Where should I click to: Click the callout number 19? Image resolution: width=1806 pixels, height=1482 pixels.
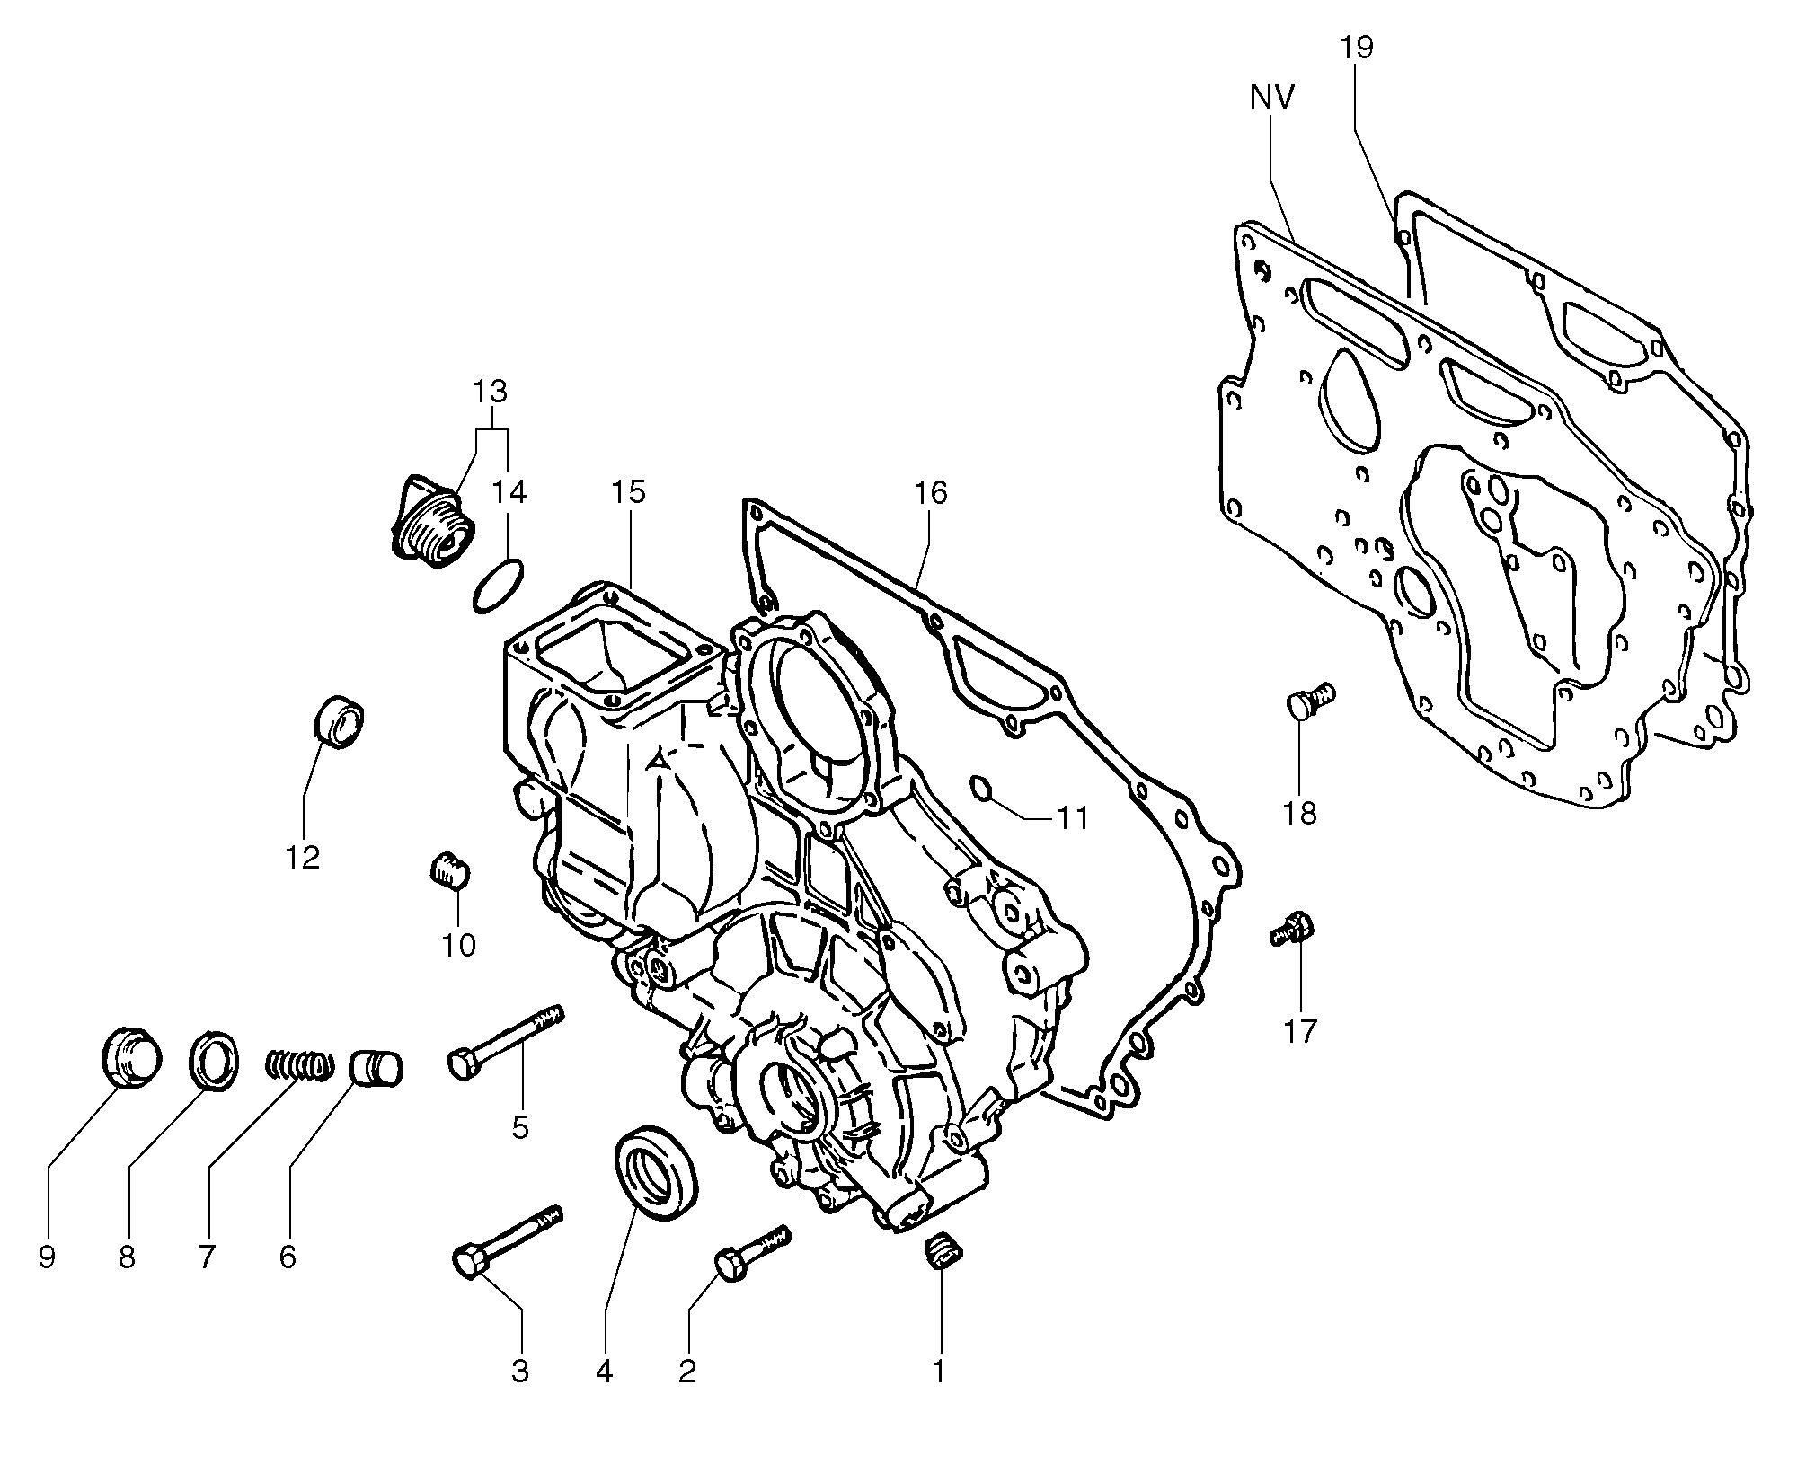pos(1358,47)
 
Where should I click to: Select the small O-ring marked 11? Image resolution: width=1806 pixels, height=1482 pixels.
pos(981,789)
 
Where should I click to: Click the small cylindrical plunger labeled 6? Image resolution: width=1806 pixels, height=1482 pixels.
pos(376,1066)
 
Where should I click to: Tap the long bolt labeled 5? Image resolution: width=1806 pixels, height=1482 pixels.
pos(505,1043)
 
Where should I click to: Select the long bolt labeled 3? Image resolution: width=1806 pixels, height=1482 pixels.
pos(508,1239)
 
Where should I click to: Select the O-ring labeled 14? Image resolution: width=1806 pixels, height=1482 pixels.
pos(498,585)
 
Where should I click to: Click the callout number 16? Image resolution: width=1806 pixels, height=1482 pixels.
pos(931,492)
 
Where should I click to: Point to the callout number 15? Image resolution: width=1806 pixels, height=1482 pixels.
pos(629,491)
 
